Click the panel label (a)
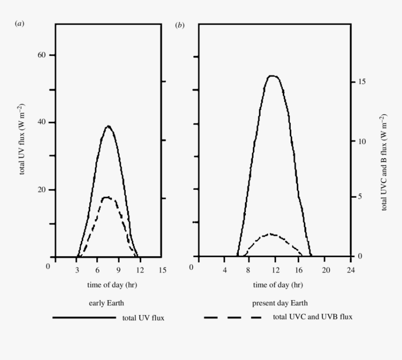[20, 24]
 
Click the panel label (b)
[179, 25]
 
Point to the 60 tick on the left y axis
[41, 55]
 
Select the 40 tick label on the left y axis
[41, 122]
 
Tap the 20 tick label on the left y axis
[41, 190]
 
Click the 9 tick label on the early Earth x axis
[119, 270]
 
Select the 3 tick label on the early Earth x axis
[76, 270]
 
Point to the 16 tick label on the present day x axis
[300, 270]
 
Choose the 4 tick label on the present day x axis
[224, 270]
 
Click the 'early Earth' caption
[107, 303]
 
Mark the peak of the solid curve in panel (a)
[108, 126]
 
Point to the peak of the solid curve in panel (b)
[273, 76]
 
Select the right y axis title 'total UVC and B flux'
[384, 162]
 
